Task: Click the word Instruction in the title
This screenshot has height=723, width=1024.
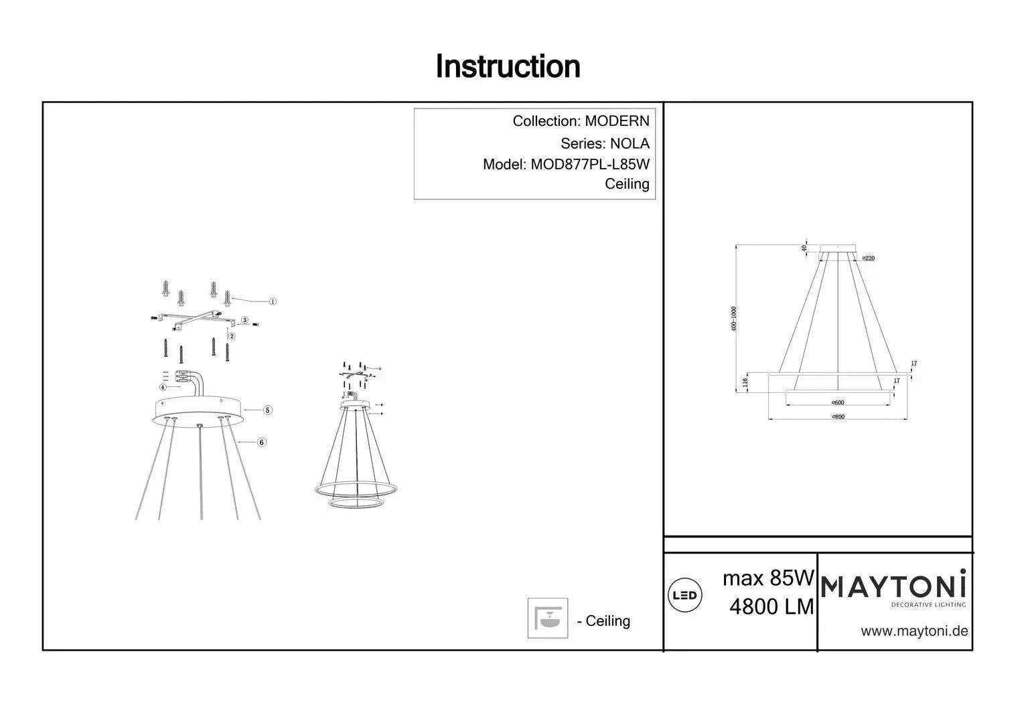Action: [x=508, y=66]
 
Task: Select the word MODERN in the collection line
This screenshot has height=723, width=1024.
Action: [x=617, y=121]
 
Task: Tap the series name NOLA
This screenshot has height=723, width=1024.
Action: [x=629, y=143]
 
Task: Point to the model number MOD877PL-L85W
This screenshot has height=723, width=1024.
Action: [x=590, y=164]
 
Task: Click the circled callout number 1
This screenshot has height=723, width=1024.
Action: [x=273, y=301]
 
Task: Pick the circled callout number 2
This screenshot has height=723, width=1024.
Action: [x=232, y=336]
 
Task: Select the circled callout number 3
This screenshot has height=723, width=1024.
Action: [x=245, y=321]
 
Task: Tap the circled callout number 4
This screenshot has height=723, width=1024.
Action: [x=163, y=387]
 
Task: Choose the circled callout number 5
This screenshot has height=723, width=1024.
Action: [x=267, y=410]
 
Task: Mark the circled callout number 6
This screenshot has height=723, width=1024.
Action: [x=262, y=442]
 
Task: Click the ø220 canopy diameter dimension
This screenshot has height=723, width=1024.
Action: [x=868, y=258]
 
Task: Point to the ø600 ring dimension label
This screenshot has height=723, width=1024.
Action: [x=837, y=403]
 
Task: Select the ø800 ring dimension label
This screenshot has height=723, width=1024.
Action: [x=837, y=416]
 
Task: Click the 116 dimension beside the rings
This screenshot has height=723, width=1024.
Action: [x=745, y=383]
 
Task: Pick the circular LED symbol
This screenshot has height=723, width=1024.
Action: [x=684, y=595]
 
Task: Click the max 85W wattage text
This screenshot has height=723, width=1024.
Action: [x=768, y=578]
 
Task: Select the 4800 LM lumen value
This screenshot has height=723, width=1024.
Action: [x=772, y=607]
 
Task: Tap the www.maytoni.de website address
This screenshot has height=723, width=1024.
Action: [x=913, y=631]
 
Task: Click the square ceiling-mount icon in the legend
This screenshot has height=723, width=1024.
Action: [x=547, y=618]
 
